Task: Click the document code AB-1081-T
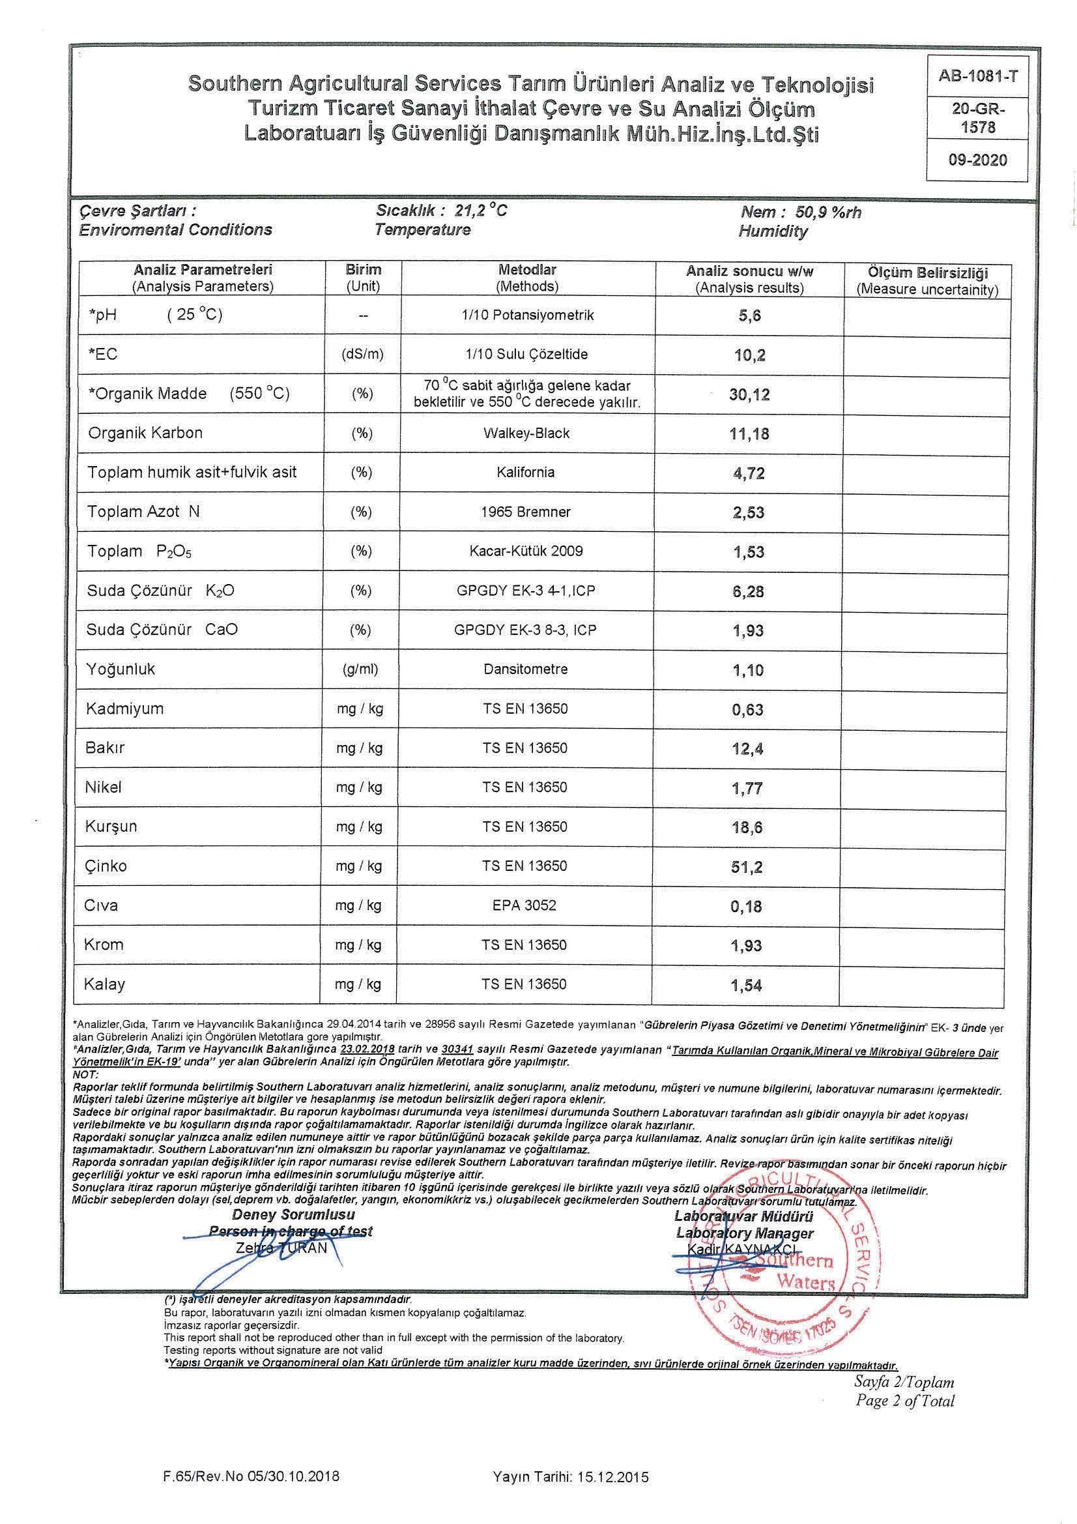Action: pyautogui.click(x=977, y=76)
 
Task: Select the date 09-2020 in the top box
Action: pyautogui.click(x=977, y=160)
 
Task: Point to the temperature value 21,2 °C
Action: pyautogui.click(x=481, y=211)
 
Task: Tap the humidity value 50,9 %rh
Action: pyautogui.click(x=829, y=212)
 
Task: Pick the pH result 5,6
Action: pyautogui.click(x=749, y=316)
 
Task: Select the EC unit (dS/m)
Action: pyautogui.click(x=362, y=355)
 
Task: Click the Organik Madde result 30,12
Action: pyautogui.click(x=749, y=395)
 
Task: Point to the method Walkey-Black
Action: pyautogui.click(x=526, y=433)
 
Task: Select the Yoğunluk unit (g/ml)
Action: pyautogui.click(x=360, y=669)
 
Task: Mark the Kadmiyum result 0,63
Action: pyautogui.click(x=748, y=710)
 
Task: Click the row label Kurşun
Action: pyautogui.click(x=111, y=827)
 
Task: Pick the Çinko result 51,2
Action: pyautogui.click(x=747, y=867)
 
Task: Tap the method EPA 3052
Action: pyautogui.click(x=525, y=905)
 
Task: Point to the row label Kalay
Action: pyautogui.click(x=105, y=984)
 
